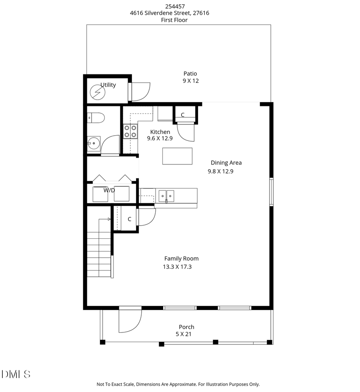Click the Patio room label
point(190,74)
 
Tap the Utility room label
point(108,85)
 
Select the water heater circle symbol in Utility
point(97,93)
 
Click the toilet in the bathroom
point(96,118)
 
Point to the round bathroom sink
point(94,142)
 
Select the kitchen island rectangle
point(177,156)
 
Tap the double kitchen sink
point(166,196)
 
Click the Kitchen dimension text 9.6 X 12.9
point(160,138)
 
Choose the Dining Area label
point(226,163)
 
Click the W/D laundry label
point(109,190)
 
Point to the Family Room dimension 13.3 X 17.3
point(178,267)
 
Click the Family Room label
point(181,259)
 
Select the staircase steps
point(99,256)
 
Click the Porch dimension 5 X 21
point(184,334)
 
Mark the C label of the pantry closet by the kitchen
point(182,115)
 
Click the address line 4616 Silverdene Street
point(169,13)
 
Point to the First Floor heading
point(175,20)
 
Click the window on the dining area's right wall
point(271,192)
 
